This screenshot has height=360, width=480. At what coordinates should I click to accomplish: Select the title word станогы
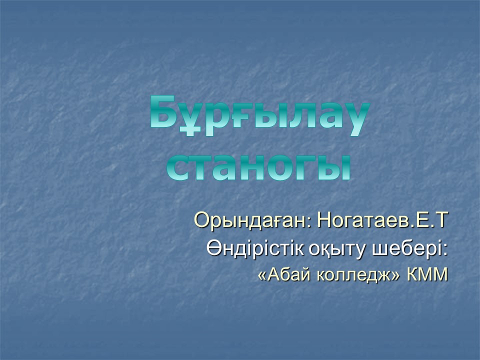[x=258, y=167]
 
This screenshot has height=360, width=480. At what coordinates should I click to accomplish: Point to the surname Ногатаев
[x=363, y=220]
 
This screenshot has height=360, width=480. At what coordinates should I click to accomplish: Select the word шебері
[x=406, y=248]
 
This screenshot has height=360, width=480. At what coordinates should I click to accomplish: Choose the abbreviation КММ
[x=427, y=274]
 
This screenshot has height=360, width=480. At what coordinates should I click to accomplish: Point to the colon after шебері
[x=445, y=250]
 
